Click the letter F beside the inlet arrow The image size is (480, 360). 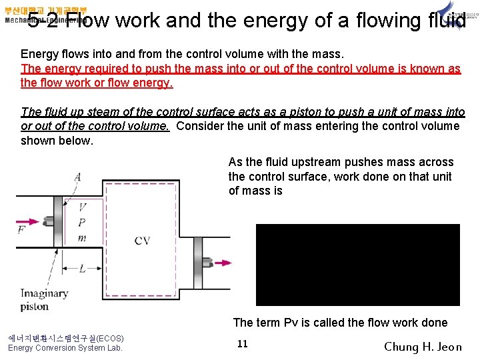[22, 230]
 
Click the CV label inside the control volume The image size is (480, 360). [142, 240]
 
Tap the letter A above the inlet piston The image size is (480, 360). [78, 176]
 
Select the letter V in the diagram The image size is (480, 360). [82, 207]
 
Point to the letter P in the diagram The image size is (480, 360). [82, 223]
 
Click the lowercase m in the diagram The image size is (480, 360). [82, 238]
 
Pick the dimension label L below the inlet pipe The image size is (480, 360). [81, 269]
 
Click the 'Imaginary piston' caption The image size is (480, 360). [44, 299]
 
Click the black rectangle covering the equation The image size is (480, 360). [358, 265]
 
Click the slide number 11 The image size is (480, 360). [243, 343]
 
